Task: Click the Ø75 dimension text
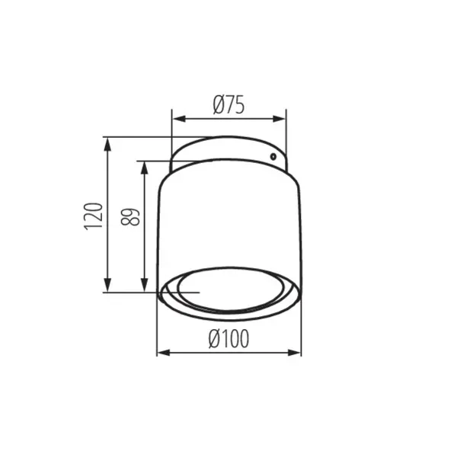pos(228,106)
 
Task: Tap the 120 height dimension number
pos(92,216)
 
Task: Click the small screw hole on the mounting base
pos(272,156)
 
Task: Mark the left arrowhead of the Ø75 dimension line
pos(176,119)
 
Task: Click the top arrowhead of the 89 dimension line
pos(143,166)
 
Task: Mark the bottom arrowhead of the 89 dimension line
pos(143,287)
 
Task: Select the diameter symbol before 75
pos(217,106)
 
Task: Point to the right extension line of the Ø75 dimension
pos(286,129)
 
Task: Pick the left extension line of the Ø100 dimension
pos(157,328)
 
